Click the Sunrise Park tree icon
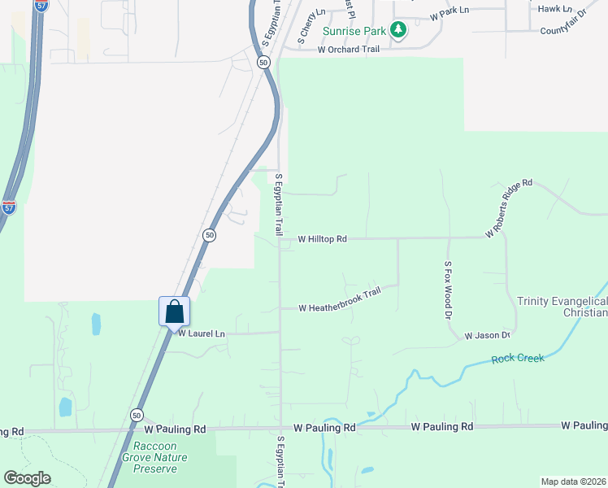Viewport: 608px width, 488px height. pos(397,31)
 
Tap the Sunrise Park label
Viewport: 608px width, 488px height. pos(354,32)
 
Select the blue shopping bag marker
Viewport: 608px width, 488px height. pos(174,312)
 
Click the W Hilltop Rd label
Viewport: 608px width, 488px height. pos(323,239)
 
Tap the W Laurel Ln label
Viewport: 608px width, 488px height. pos(201,333)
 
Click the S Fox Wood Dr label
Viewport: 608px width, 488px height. pos(447,290)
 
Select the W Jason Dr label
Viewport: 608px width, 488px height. pos(487,335)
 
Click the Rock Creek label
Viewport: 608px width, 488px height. pos(517,359)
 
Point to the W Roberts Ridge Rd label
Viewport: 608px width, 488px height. pos(509,208)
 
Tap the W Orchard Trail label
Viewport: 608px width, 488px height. pos(349,50)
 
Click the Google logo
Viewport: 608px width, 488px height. pos(27,478)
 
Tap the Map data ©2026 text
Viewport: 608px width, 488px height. pos(573,481)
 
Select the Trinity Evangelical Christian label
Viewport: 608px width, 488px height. pos(562,307)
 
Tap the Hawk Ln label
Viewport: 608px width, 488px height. pos(556,9)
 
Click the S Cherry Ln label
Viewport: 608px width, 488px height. pos(311,25)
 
